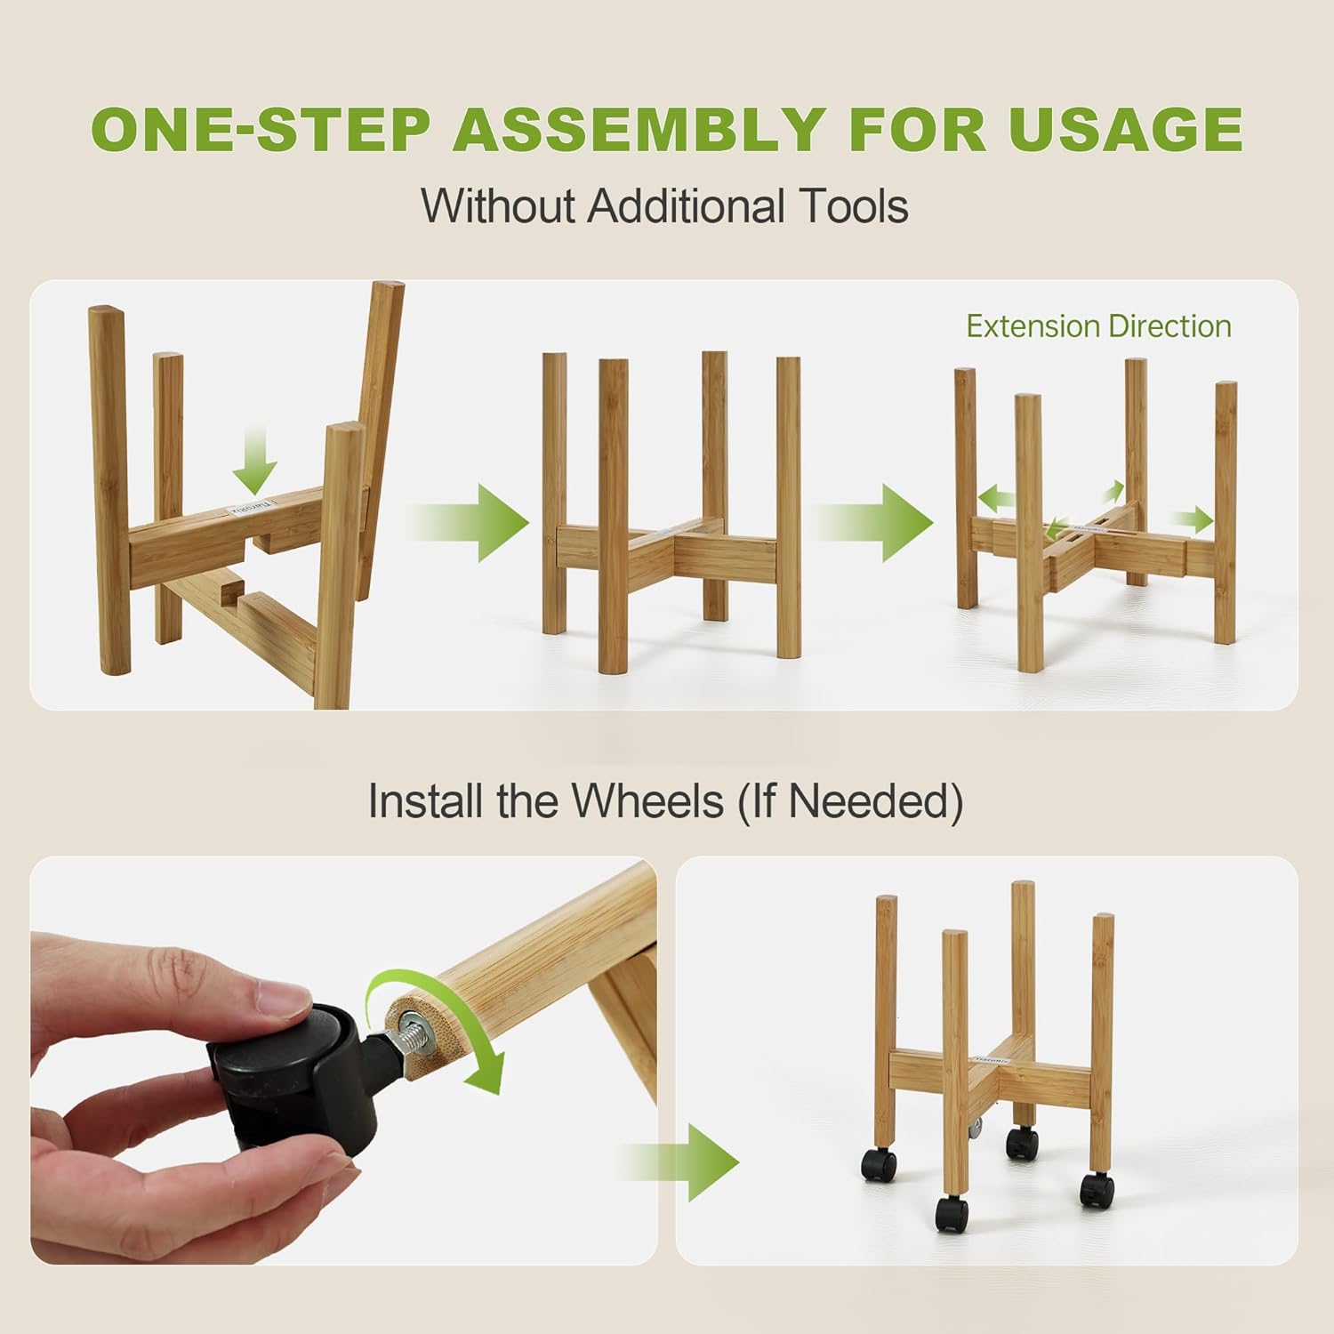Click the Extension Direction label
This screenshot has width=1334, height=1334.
[1098, 326]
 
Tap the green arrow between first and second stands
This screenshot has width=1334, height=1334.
[471, 522]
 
